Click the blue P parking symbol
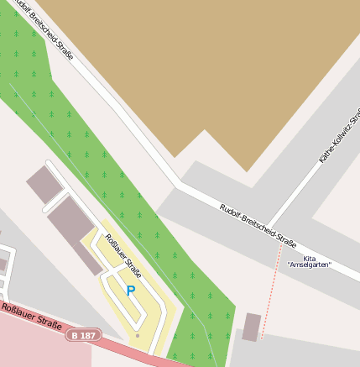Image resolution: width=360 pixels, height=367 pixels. tap(130, 290)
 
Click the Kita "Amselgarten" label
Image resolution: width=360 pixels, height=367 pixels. tap(309, 261)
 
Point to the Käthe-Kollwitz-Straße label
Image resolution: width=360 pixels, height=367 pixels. tap(339, 134)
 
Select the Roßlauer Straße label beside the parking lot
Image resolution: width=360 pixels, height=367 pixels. tap(123, 256)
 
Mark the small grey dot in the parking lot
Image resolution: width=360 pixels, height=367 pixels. tap(138, 335)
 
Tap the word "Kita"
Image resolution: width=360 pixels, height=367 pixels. tap(309, 258)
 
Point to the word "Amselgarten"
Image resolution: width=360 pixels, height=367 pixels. tap(309, 265)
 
